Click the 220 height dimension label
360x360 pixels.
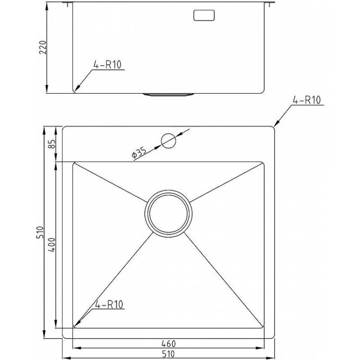(x=43, y=48)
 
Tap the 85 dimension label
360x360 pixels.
(x=52, y=144)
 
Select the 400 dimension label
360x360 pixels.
(x=52, y=245)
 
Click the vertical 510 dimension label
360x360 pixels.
(x=40, y=232)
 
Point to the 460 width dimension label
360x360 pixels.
(x=168, y=344)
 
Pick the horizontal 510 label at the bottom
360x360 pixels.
(x=168, y=354)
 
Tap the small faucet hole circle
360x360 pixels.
(x=168, y=141)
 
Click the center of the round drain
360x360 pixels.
(x=168, y=214)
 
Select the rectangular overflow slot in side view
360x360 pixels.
(x=204, y=15)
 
